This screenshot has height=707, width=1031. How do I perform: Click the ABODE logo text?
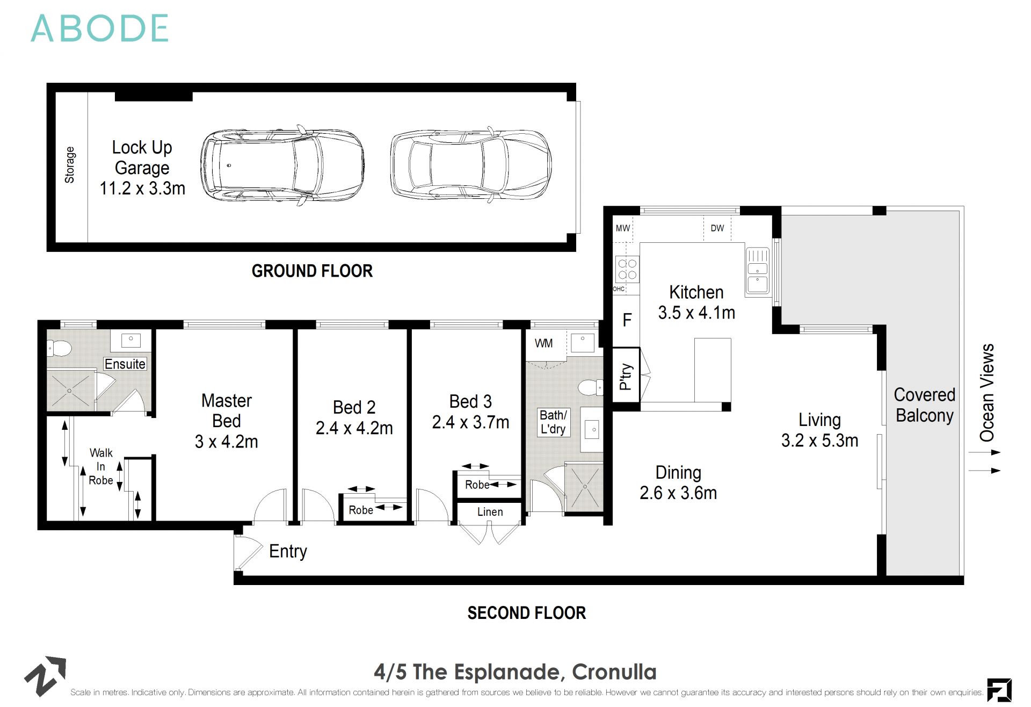[x=100, y=29]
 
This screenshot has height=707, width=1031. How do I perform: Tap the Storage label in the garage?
[x=70, y=165]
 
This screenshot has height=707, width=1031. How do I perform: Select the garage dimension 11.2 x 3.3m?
[x=142, y=189]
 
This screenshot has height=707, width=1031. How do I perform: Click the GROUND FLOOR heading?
[x=312, y=271]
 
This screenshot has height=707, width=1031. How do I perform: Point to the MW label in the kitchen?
[x=622, y=228]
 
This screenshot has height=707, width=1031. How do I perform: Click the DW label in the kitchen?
[x=717, y=228]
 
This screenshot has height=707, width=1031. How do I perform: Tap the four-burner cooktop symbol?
[x=627, y=269]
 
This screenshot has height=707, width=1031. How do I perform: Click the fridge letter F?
[x=627, y=321]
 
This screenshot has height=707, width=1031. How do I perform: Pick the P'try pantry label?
[x=626, y=376]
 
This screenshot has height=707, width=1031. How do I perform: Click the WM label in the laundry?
[x=543, y=343]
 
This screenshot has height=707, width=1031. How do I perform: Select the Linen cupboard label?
[x=490, y=512]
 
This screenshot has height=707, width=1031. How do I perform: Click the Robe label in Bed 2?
[x=360, y=510]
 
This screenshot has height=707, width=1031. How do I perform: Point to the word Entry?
[x=288, y=551]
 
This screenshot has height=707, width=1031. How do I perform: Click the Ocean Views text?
[x=987, y=393]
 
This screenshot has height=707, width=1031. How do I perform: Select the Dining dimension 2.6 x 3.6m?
[x=678, y=493]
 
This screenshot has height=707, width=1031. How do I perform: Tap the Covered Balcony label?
[x=924, y=405]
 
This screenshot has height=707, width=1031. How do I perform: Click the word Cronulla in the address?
[x=614, y=672]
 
